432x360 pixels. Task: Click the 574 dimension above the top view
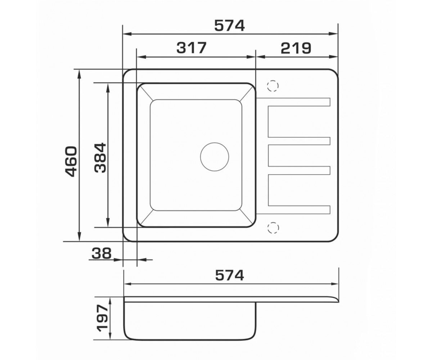click(x=229, y=26)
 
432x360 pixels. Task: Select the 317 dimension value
click(x=192, y=48)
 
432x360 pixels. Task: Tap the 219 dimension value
click(x=296, y=48)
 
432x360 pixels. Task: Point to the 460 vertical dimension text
click(x=71, y=162)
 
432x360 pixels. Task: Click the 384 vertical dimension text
click(x=100, y=158)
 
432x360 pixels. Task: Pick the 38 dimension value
click(x=102, y=253)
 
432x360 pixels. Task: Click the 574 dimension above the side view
click(x=230, y=275)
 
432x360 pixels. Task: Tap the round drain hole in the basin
click(x=215, y=157)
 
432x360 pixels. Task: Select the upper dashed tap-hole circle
click(x=273, y=86)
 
